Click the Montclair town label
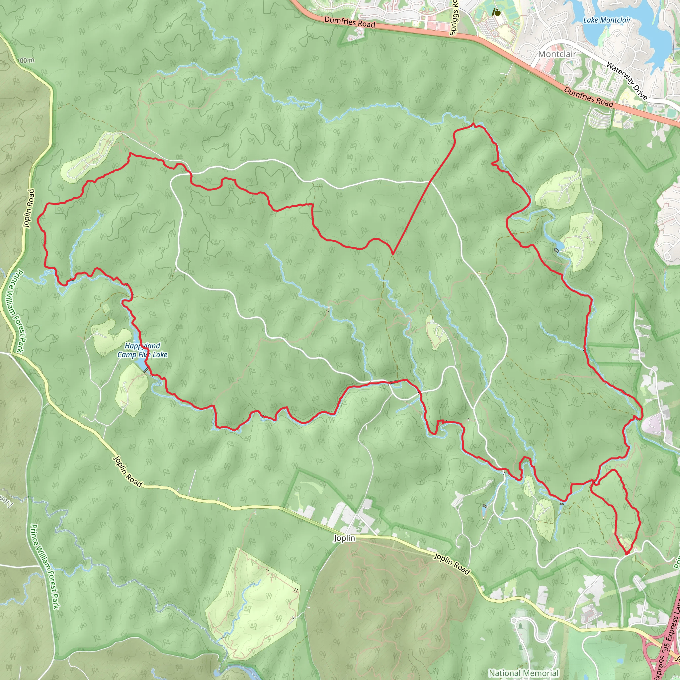pos(557,54)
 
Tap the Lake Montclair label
pos(607,20)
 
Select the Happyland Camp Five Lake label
pos(142,350)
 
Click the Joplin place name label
pos(344,539)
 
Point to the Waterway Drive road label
pos(627,81)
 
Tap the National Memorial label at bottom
pos(524,673)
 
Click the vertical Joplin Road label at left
pos(30,209)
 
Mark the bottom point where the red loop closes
pos(627,554)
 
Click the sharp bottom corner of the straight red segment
pos(392,254)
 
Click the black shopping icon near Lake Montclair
pos(497,12)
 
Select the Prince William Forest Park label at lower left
pos(45,566)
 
